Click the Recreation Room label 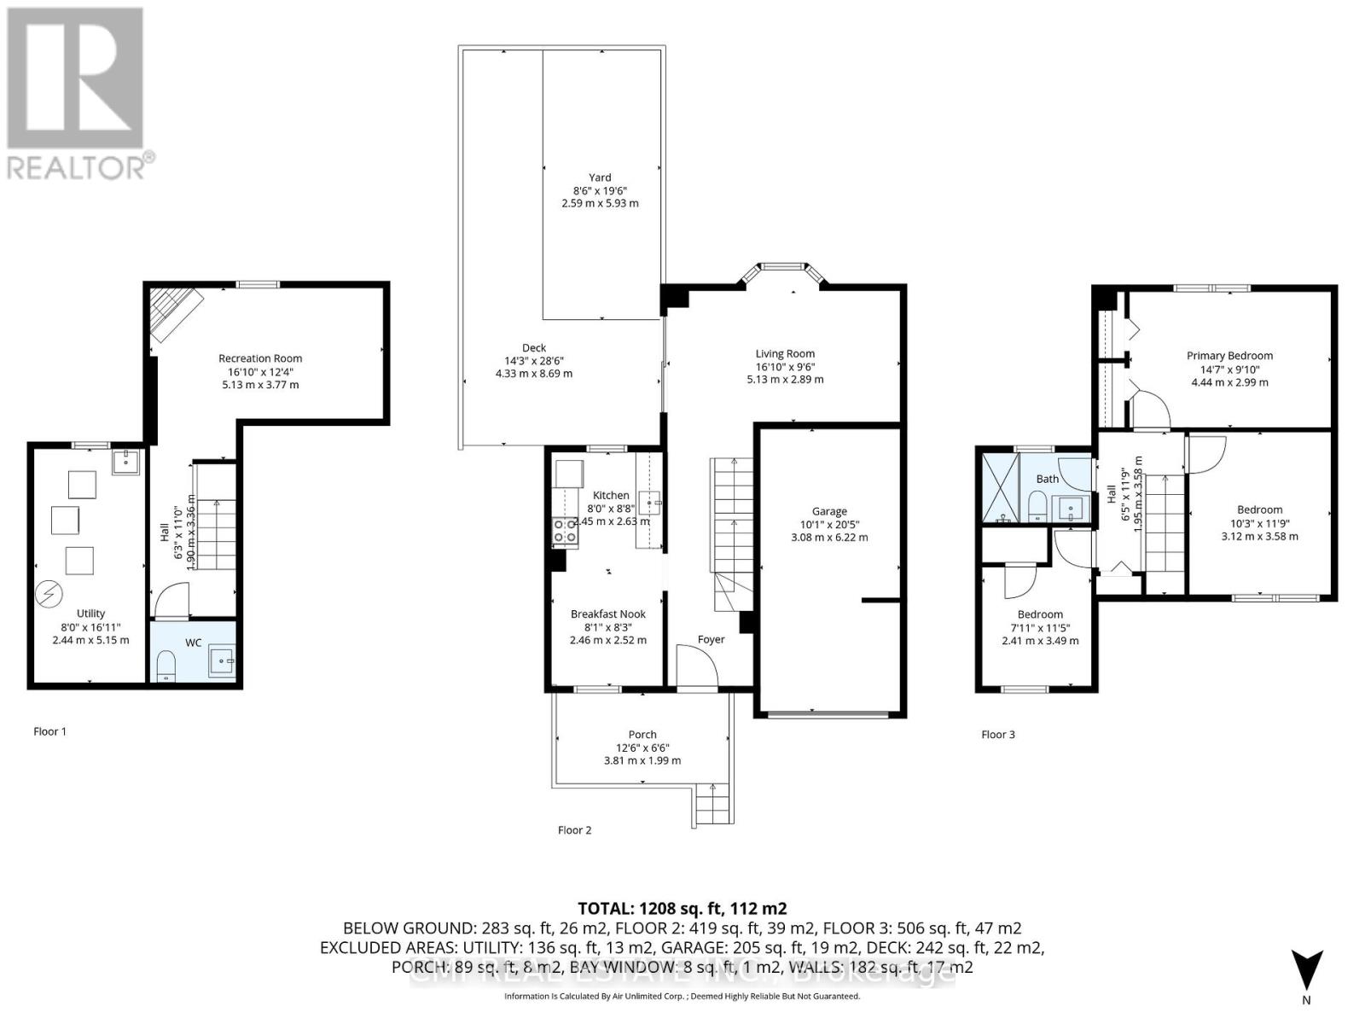260,358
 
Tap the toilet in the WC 167,665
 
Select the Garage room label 829,511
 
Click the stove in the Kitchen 565,531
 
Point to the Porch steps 714,803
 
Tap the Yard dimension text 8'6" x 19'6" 600,190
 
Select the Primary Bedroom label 1229,356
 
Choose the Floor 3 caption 998,734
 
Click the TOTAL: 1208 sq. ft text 682,908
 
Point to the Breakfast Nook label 608,614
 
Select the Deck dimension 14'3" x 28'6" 534,360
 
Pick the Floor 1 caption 49,731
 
